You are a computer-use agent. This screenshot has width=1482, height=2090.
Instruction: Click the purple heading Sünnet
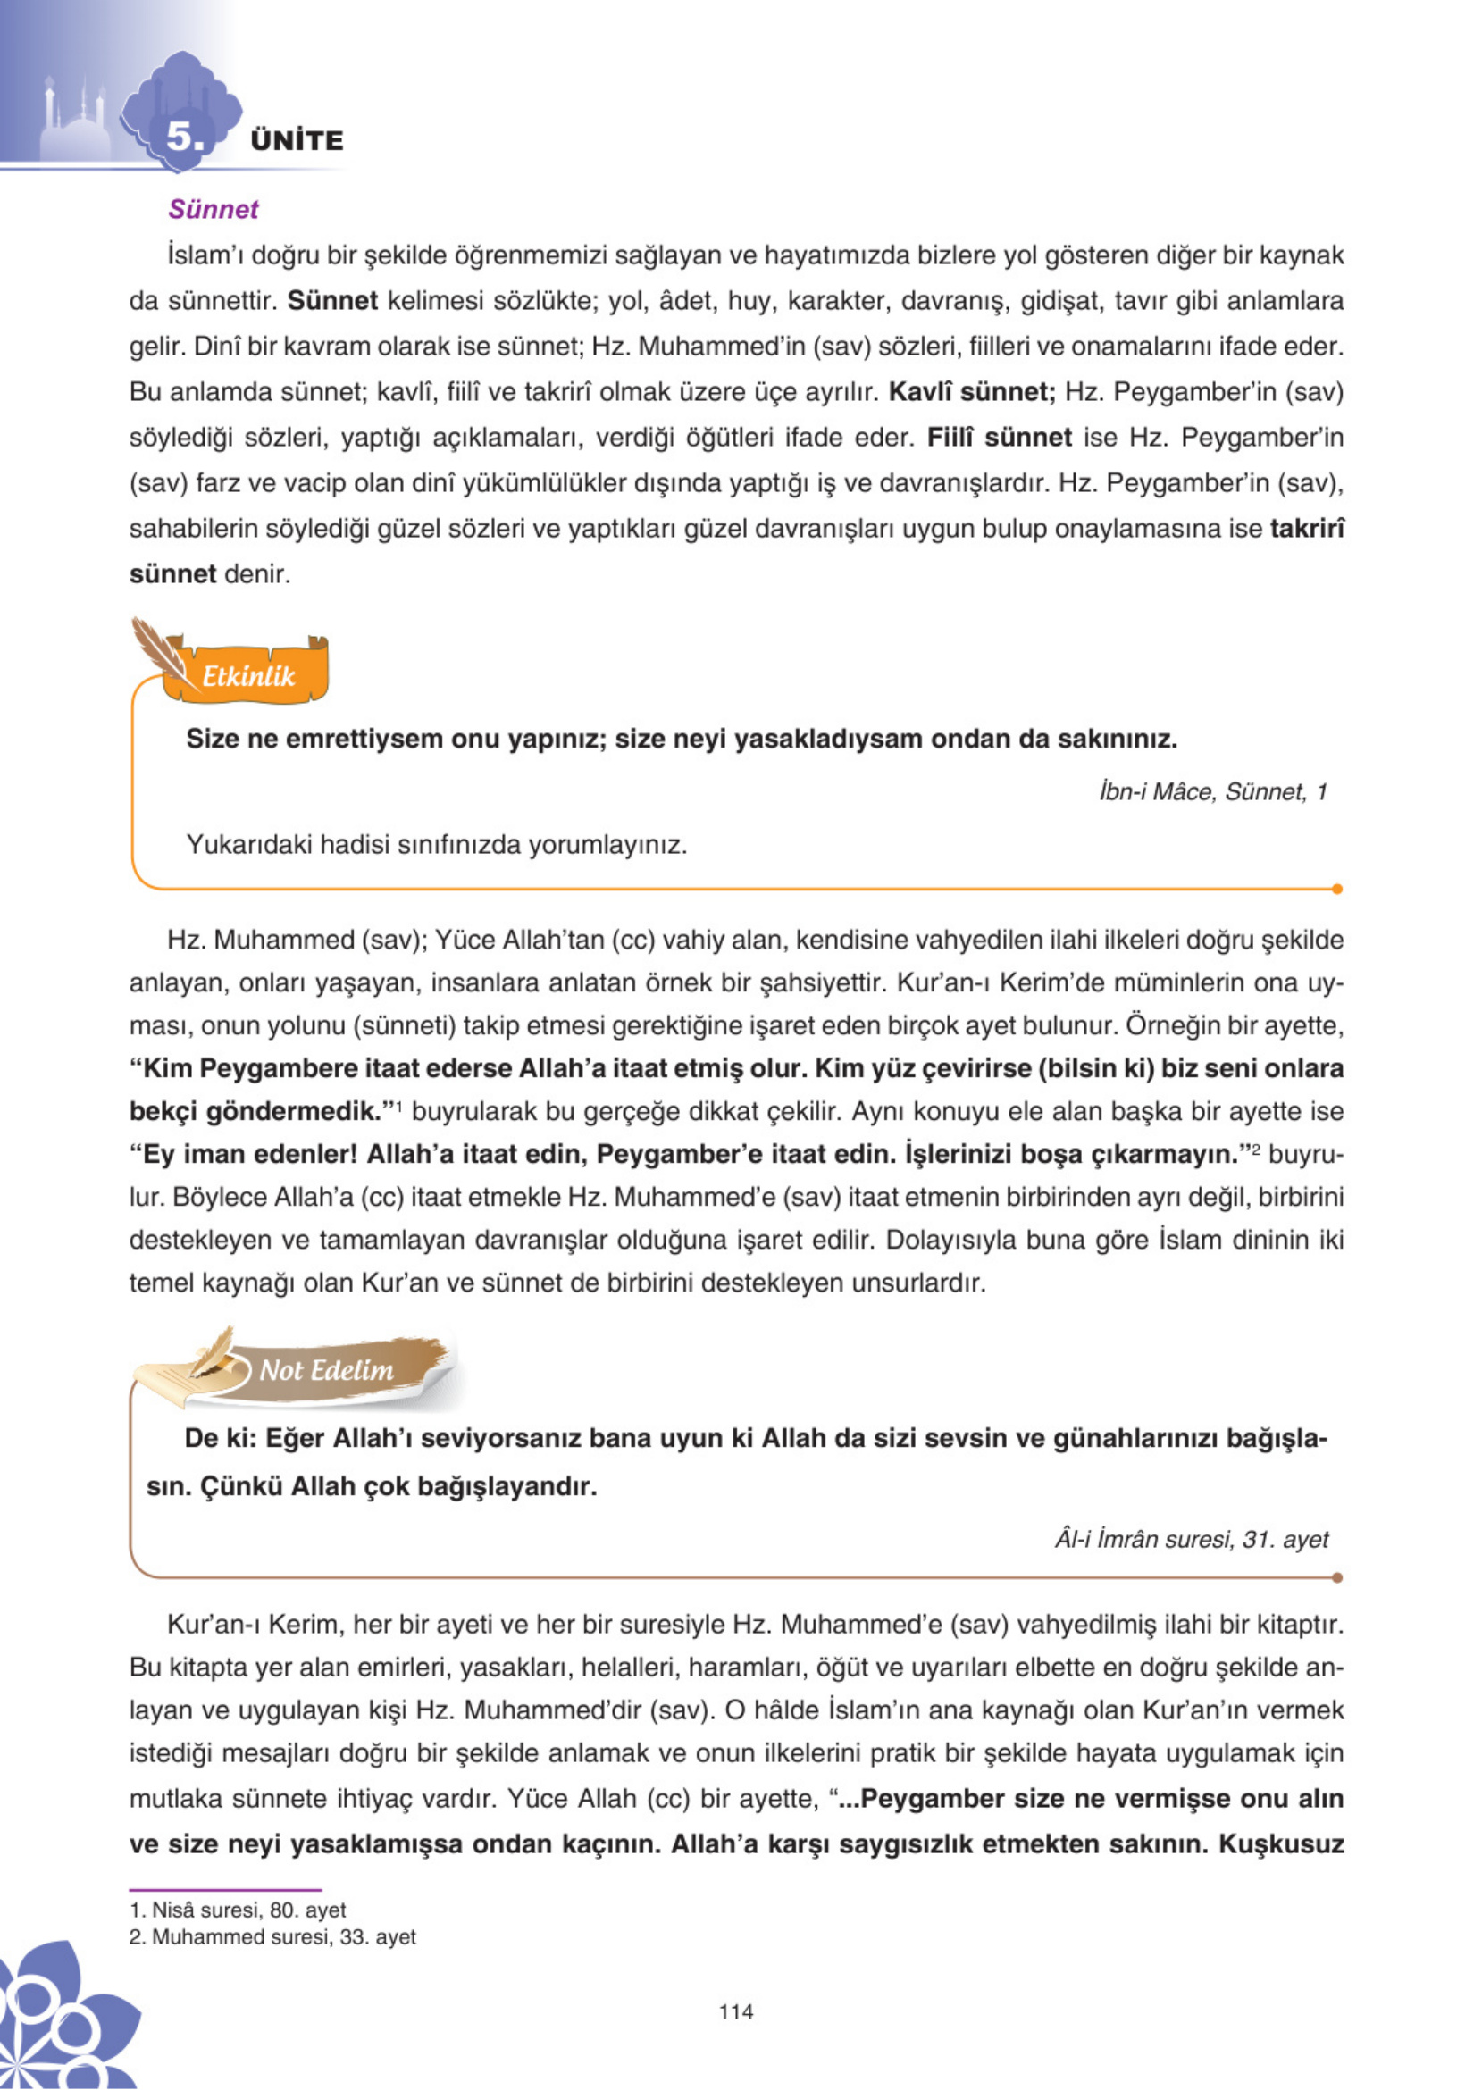(x=214, y=209)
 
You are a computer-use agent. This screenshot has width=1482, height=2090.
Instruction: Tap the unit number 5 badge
(x=183, y=136)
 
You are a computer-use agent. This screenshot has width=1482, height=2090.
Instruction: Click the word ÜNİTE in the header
(x=297, y=140)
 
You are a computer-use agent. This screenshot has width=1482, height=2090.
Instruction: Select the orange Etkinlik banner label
(x=248, y=676)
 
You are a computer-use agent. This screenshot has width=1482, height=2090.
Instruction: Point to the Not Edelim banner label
(x=326, y=1369)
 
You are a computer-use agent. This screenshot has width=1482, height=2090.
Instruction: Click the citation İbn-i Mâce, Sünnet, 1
(x=1213, y=792)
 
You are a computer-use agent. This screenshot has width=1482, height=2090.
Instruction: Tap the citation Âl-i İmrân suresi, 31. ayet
(x=1191, y=1539)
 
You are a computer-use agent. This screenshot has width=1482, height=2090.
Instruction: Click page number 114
(x=735, y=2011)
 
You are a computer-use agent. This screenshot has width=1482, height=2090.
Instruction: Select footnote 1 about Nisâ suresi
(x=239, y=1910)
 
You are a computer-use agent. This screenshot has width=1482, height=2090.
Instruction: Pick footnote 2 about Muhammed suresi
(x=272, y=1936)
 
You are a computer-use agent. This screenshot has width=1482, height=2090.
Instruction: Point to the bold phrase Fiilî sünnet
(x=1000, y=438)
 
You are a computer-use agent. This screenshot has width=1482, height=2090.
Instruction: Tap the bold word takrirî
(x=1306, y=529)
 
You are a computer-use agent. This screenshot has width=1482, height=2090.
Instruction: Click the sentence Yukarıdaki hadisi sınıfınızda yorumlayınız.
(x=436, y=845)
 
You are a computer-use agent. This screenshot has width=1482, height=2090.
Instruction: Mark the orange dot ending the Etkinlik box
(x=1337, y=889)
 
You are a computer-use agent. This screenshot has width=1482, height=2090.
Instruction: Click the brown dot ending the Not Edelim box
(x=1337, y=1577)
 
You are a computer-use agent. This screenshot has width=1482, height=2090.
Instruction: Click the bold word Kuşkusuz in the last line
(x=1281, y=1843)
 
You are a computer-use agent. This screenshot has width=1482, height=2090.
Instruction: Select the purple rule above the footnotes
(x=225, y=1890)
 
